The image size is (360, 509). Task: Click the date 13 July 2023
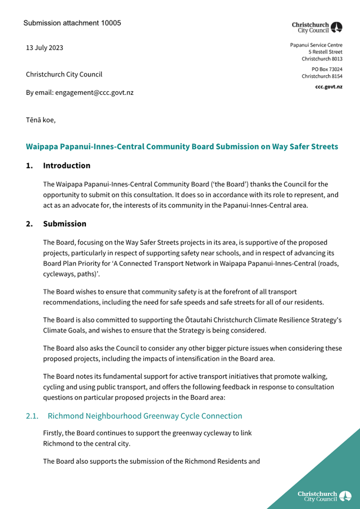(x=44, y=48)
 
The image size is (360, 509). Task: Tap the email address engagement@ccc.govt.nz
(x=94, y=92)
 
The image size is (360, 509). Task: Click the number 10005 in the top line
(x=110, y=23)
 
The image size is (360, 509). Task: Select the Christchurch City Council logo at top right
(x=317, y=28)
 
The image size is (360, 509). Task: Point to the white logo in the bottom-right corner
(x=324, y=496)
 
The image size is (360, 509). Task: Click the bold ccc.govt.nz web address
(x=329, y=86)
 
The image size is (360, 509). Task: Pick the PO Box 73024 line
(x=327, y=69)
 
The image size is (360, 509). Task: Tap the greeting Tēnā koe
(x=41, y=120)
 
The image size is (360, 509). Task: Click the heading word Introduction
(x=67, y=166)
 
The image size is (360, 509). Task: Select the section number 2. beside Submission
(x=30, y=224)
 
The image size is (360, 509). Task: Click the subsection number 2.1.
(x=33, y=416)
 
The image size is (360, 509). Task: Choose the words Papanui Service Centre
(x=316, y=45)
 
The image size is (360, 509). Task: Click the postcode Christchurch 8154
(x=322, y=76)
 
